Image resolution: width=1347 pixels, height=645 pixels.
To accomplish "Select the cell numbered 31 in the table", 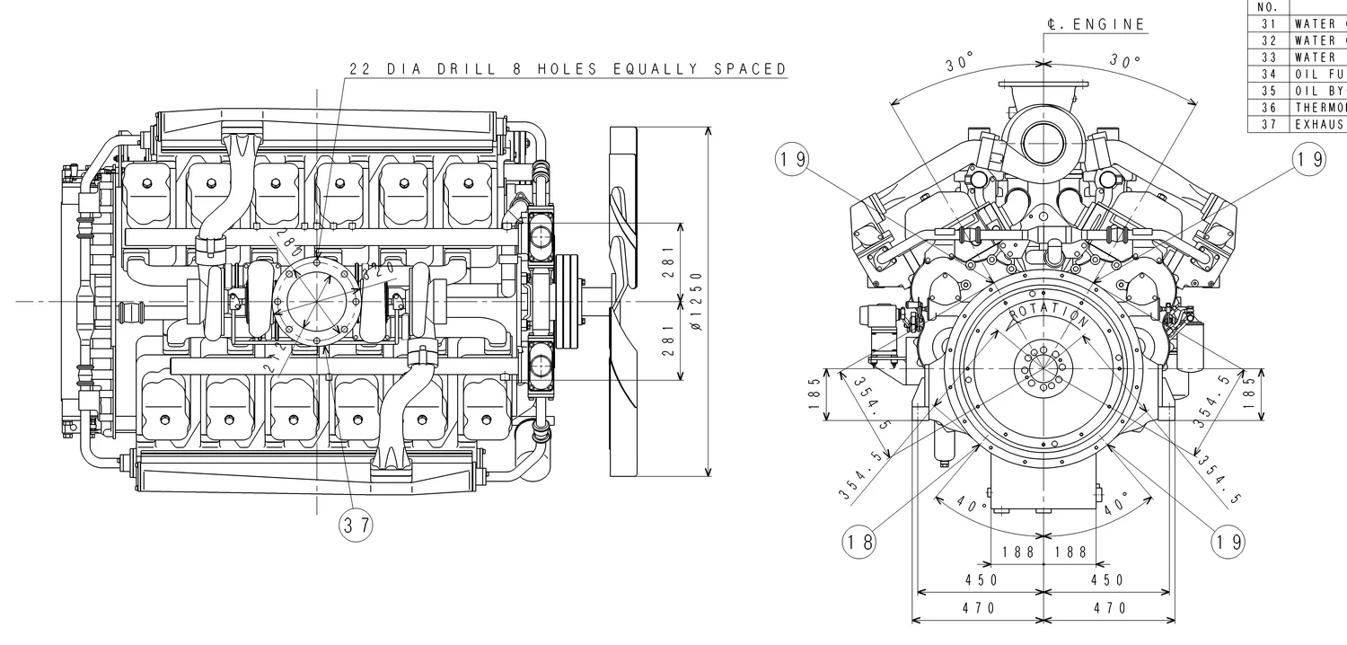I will click(1268, 24).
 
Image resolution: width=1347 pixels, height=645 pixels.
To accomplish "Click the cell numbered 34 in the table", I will click(1268, 74).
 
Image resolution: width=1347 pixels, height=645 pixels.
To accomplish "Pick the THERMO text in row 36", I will click(1319, 107).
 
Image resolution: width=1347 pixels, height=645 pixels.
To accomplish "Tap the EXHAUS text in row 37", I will click(1319, 124).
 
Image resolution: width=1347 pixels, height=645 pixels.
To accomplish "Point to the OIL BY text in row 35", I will click(1319, 91).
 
